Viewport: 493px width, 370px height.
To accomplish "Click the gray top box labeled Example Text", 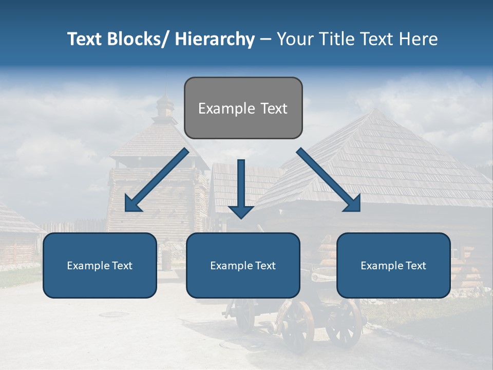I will pos(243,108).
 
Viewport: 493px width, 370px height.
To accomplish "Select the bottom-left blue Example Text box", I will pos(100,265).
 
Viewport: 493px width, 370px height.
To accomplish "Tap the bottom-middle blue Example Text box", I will pos(243,265).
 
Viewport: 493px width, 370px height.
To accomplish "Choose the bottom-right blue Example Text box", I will pos(393,265).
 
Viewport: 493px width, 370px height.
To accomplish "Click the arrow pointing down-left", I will pos(157,180).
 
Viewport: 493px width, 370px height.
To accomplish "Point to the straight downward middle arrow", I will pos(241,188).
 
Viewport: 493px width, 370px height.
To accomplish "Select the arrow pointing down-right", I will pos(329,180).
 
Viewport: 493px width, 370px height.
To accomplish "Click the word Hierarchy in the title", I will pos(214,39).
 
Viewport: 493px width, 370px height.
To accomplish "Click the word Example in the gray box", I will pos(221,108).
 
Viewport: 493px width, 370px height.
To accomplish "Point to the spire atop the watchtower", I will pos(165,103).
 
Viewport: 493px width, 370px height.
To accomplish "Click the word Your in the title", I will pos(294,39).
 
